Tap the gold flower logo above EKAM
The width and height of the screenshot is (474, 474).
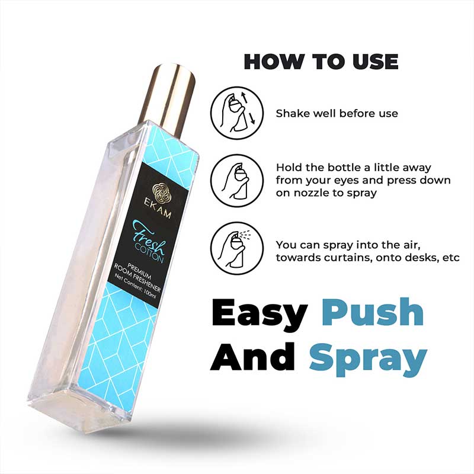[x=161, y=192]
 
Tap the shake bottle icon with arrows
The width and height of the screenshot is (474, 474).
[x=237, y=113]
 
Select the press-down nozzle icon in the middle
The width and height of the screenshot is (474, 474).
[x=237, y=181]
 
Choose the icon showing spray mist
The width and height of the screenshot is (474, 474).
[x=237, y=248]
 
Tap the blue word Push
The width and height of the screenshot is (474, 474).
[x=372, y=312]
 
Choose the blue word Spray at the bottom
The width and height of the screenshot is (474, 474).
[x=368, y=360]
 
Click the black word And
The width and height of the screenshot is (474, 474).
[x=252, y=356]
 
